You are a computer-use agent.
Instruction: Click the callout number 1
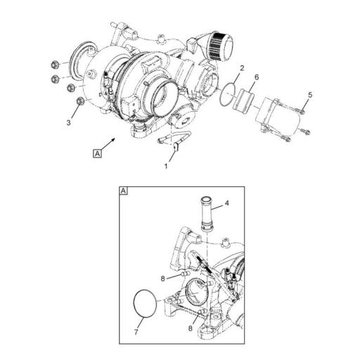click(x=167, y=166)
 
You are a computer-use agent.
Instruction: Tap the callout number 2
click(x=241, y=69)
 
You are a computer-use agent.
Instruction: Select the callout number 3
click(x=69, y=123)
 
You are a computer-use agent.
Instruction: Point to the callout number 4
click(x=227, y=205)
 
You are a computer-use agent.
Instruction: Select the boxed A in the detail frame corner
click(x=124, y=191)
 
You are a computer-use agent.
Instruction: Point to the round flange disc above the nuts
click(x=84, y=56)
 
